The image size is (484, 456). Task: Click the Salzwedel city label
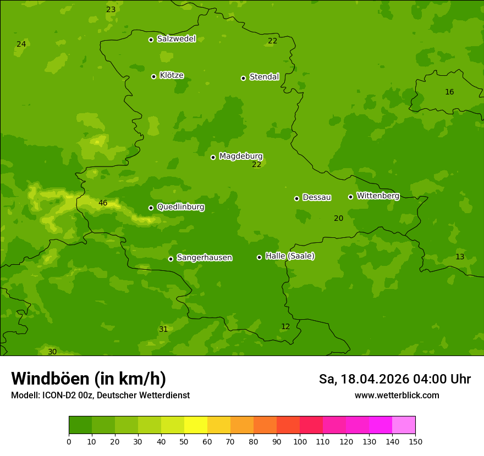[176, 39]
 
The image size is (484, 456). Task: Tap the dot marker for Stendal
[243, 78]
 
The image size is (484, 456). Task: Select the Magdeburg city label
[241, 157]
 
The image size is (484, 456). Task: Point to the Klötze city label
[172, 76]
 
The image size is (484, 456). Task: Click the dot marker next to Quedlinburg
[151, 208]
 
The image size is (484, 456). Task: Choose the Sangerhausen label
[204, 258]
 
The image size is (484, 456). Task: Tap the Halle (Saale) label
[290, 256]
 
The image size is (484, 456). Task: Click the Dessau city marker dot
[296, 198]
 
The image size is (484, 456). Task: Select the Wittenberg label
[378, 196]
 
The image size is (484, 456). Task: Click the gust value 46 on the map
[103, 203]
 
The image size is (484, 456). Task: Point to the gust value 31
[163, 330]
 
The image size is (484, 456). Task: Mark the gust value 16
[449, 92]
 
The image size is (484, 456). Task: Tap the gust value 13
[460, 257]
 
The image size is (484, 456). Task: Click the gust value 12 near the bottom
[285, 327]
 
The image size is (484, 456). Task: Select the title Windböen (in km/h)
[89, 379]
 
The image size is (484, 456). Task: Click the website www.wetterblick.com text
[397, 396]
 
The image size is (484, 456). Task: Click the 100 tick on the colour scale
[300, 441]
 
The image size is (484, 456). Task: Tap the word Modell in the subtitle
[25, 396]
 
